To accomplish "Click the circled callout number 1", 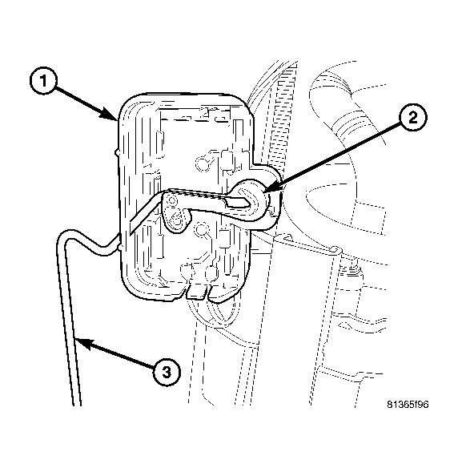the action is pos(43,81).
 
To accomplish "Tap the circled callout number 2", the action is pos(413,117).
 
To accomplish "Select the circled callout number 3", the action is pos(167,372).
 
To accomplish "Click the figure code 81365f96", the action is pos(408,404).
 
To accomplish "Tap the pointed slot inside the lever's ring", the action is pos(239,202).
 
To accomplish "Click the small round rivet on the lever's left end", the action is pos(171,199).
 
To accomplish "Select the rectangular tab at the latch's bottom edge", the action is pos(196,292).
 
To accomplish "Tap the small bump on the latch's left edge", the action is pos(118,153).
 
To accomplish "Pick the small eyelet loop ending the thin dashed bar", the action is pos(335,248).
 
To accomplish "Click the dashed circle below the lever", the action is pos(201,229).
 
